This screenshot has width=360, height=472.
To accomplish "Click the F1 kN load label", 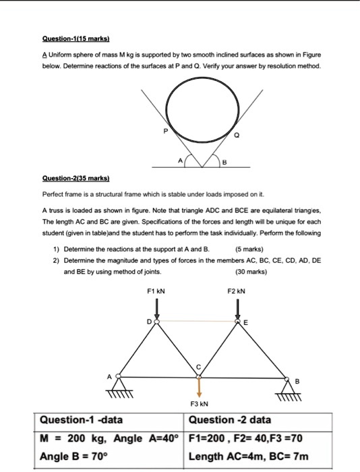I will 156,291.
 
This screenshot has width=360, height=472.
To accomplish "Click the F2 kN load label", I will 237,291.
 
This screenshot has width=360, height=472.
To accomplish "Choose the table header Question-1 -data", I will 82,420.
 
